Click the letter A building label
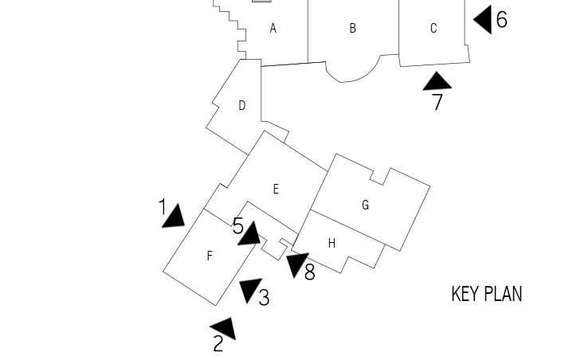click(x=273, y=29)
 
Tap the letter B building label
click(x=352, y=29)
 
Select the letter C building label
click(x=434, y=29)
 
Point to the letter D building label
click(x=241, y=105)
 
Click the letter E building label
click(x=276, y=189)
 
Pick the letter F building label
click(x=210, y=256)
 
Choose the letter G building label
click(x=365, y=205)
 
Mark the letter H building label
click(x=332, y=243)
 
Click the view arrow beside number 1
click(x=174, y=217)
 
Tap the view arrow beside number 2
click(x=224, y=327)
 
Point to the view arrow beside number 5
click(x=250, y=234)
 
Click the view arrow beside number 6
click(x=483, y=19)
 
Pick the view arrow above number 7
click(x=437, y=81)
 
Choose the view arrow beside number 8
click(x=296, y=263)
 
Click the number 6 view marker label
click(x=501, y=19)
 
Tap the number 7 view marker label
click(x=437, y=102)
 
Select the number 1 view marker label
click(x=163, y=207)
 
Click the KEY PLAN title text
click(x=486, y=294)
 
